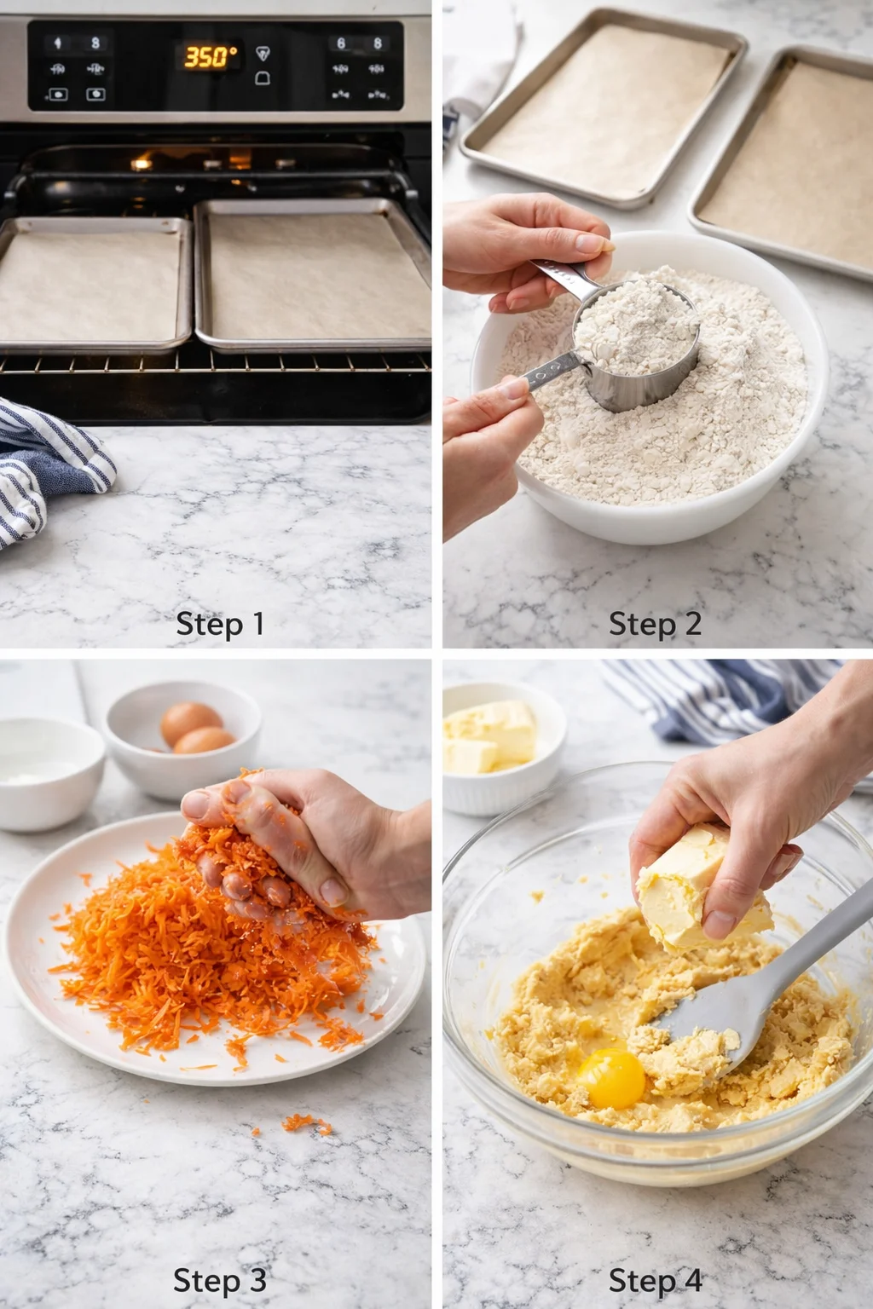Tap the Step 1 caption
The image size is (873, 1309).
point(220,624)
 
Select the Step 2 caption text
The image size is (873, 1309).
point(655,624)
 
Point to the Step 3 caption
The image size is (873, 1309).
point(220,1280)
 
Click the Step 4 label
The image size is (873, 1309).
point(655,1280)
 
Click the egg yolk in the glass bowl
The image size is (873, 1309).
point(611,1078)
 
